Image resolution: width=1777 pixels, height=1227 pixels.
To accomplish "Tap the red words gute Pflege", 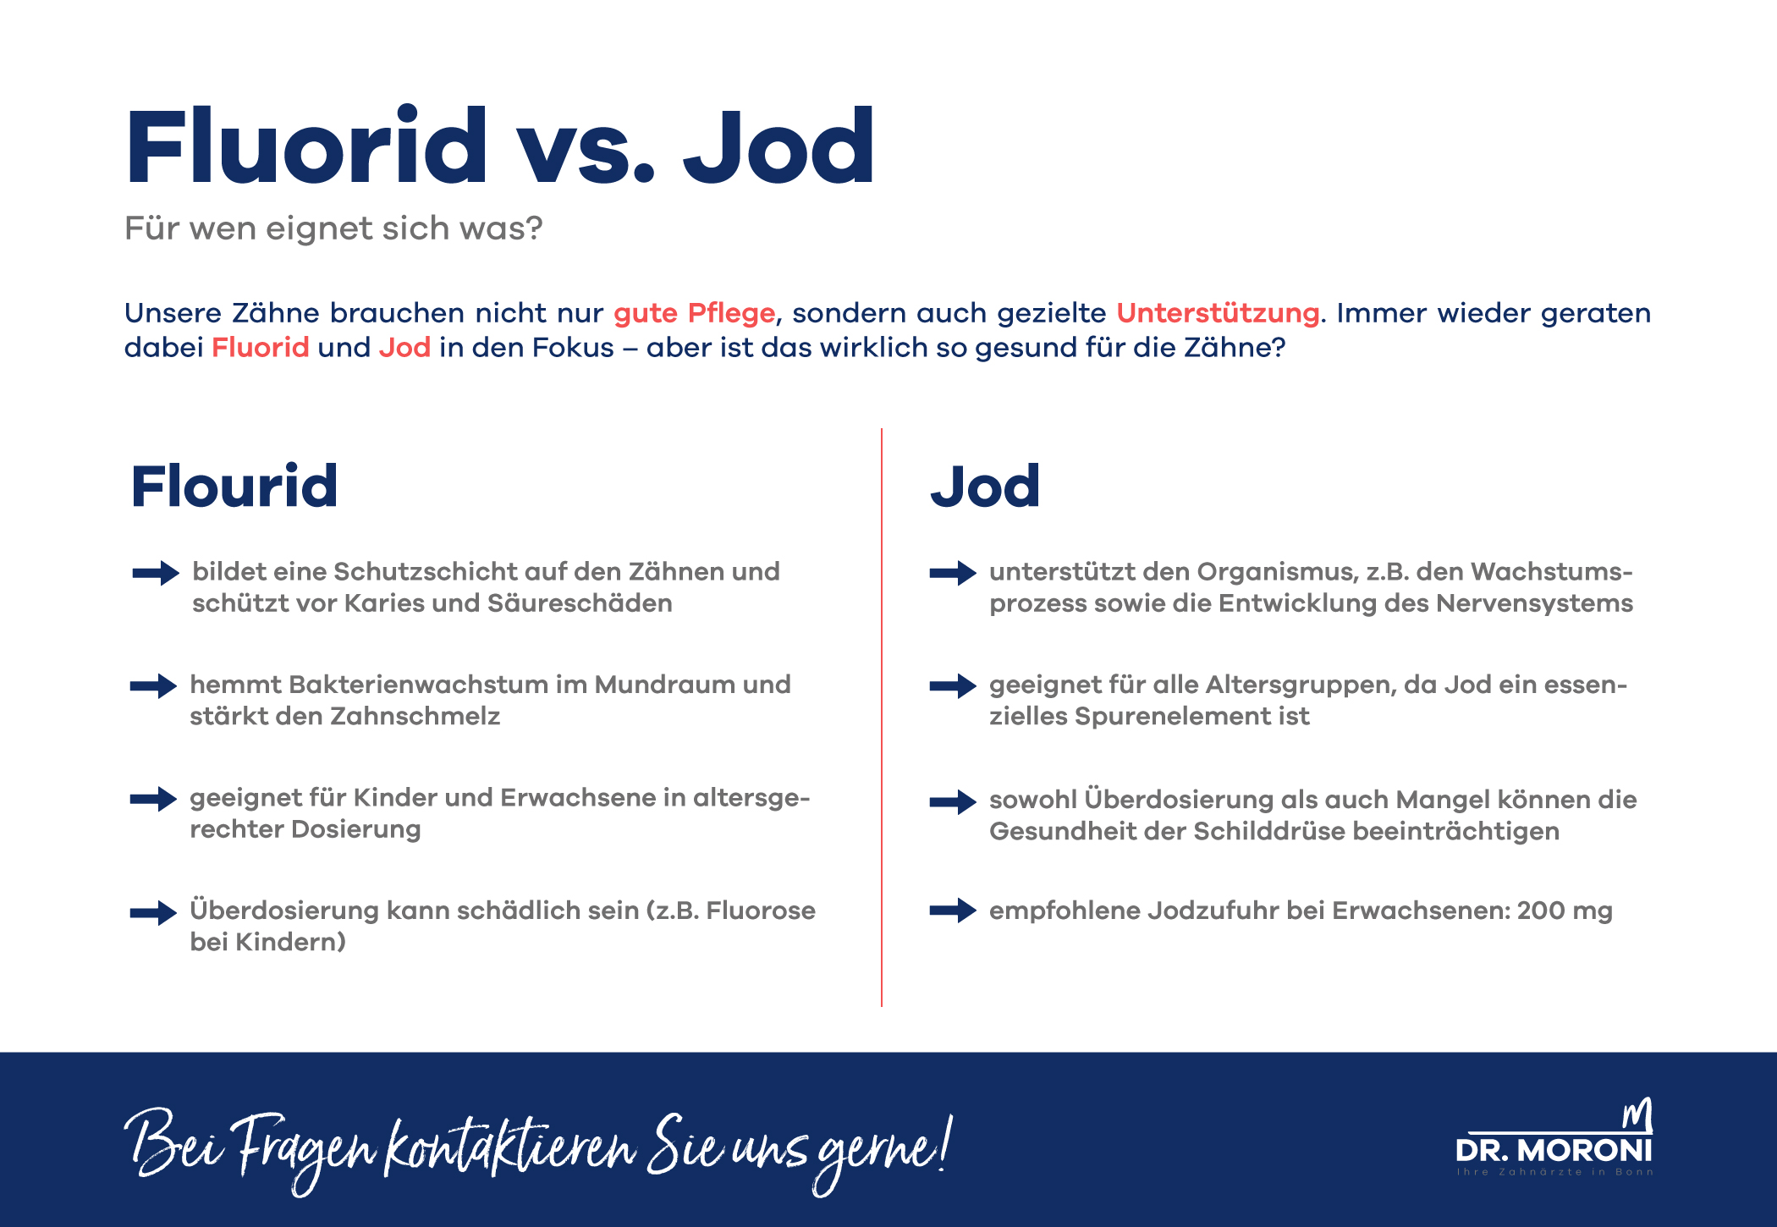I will point(694,313).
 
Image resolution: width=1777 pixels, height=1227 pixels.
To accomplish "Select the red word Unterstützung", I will point(1217,313).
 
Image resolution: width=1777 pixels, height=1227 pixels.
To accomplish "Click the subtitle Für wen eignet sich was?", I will point(333,228).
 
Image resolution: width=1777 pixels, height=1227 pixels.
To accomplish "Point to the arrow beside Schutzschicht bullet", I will point(156,573).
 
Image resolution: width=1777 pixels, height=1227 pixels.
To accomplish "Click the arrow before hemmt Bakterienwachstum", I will point(153,685).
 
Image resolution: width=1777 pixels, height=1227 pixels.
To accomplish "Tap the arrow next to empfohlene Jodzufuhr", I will point(953,911).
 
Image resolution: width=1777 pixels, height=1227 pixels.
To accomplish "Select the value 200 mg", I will point(1565,911).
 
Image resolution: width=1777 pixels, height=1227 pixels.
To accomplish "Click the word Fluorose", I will point(760,911).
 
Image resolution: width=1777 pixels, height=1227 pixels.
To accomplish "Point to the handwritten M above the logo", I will point(1637,1115).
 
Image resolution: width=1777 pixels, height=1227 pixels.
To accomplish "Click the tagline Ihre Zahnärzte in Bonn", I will point(1554,1172).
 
